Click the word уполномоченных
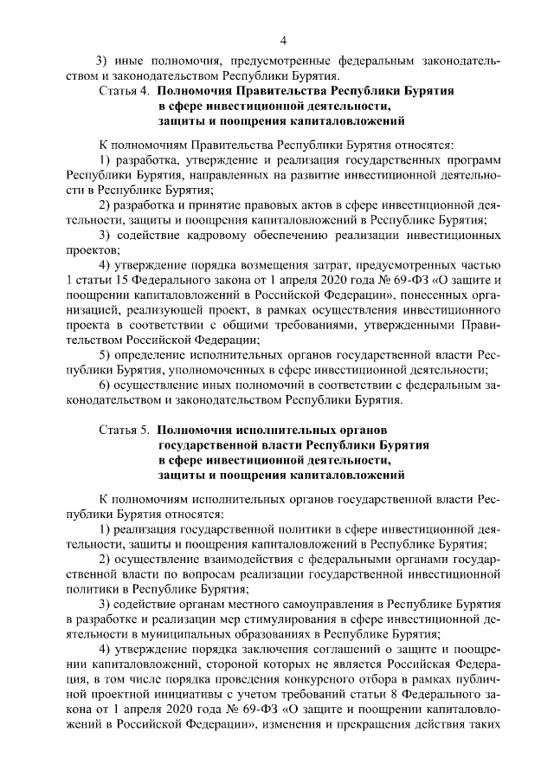pyautogui.click(x=256, y=369)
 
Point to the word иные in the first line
pyautogui.click(x=132, y=60)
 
